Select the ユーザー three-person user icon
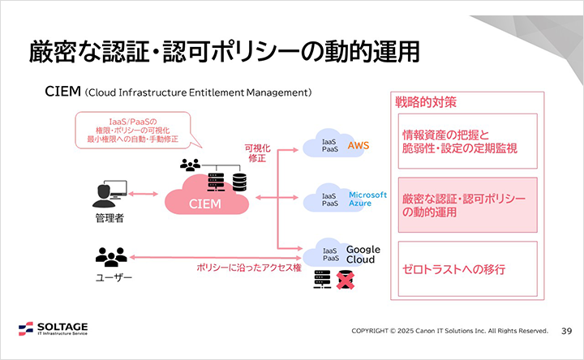pyautogui.click(x=111, y=257)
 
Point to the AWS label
pyautogui.click(x=358, y=145)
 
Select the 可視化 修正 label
pyautogui.click(x=257, y=152)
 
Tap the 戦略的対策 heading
pyautogui.click(x=425, y=103)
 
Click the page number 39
pyautogui.click(x=567, y=331)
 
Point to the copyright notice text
pyautogui.click(x=449, y=331)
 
